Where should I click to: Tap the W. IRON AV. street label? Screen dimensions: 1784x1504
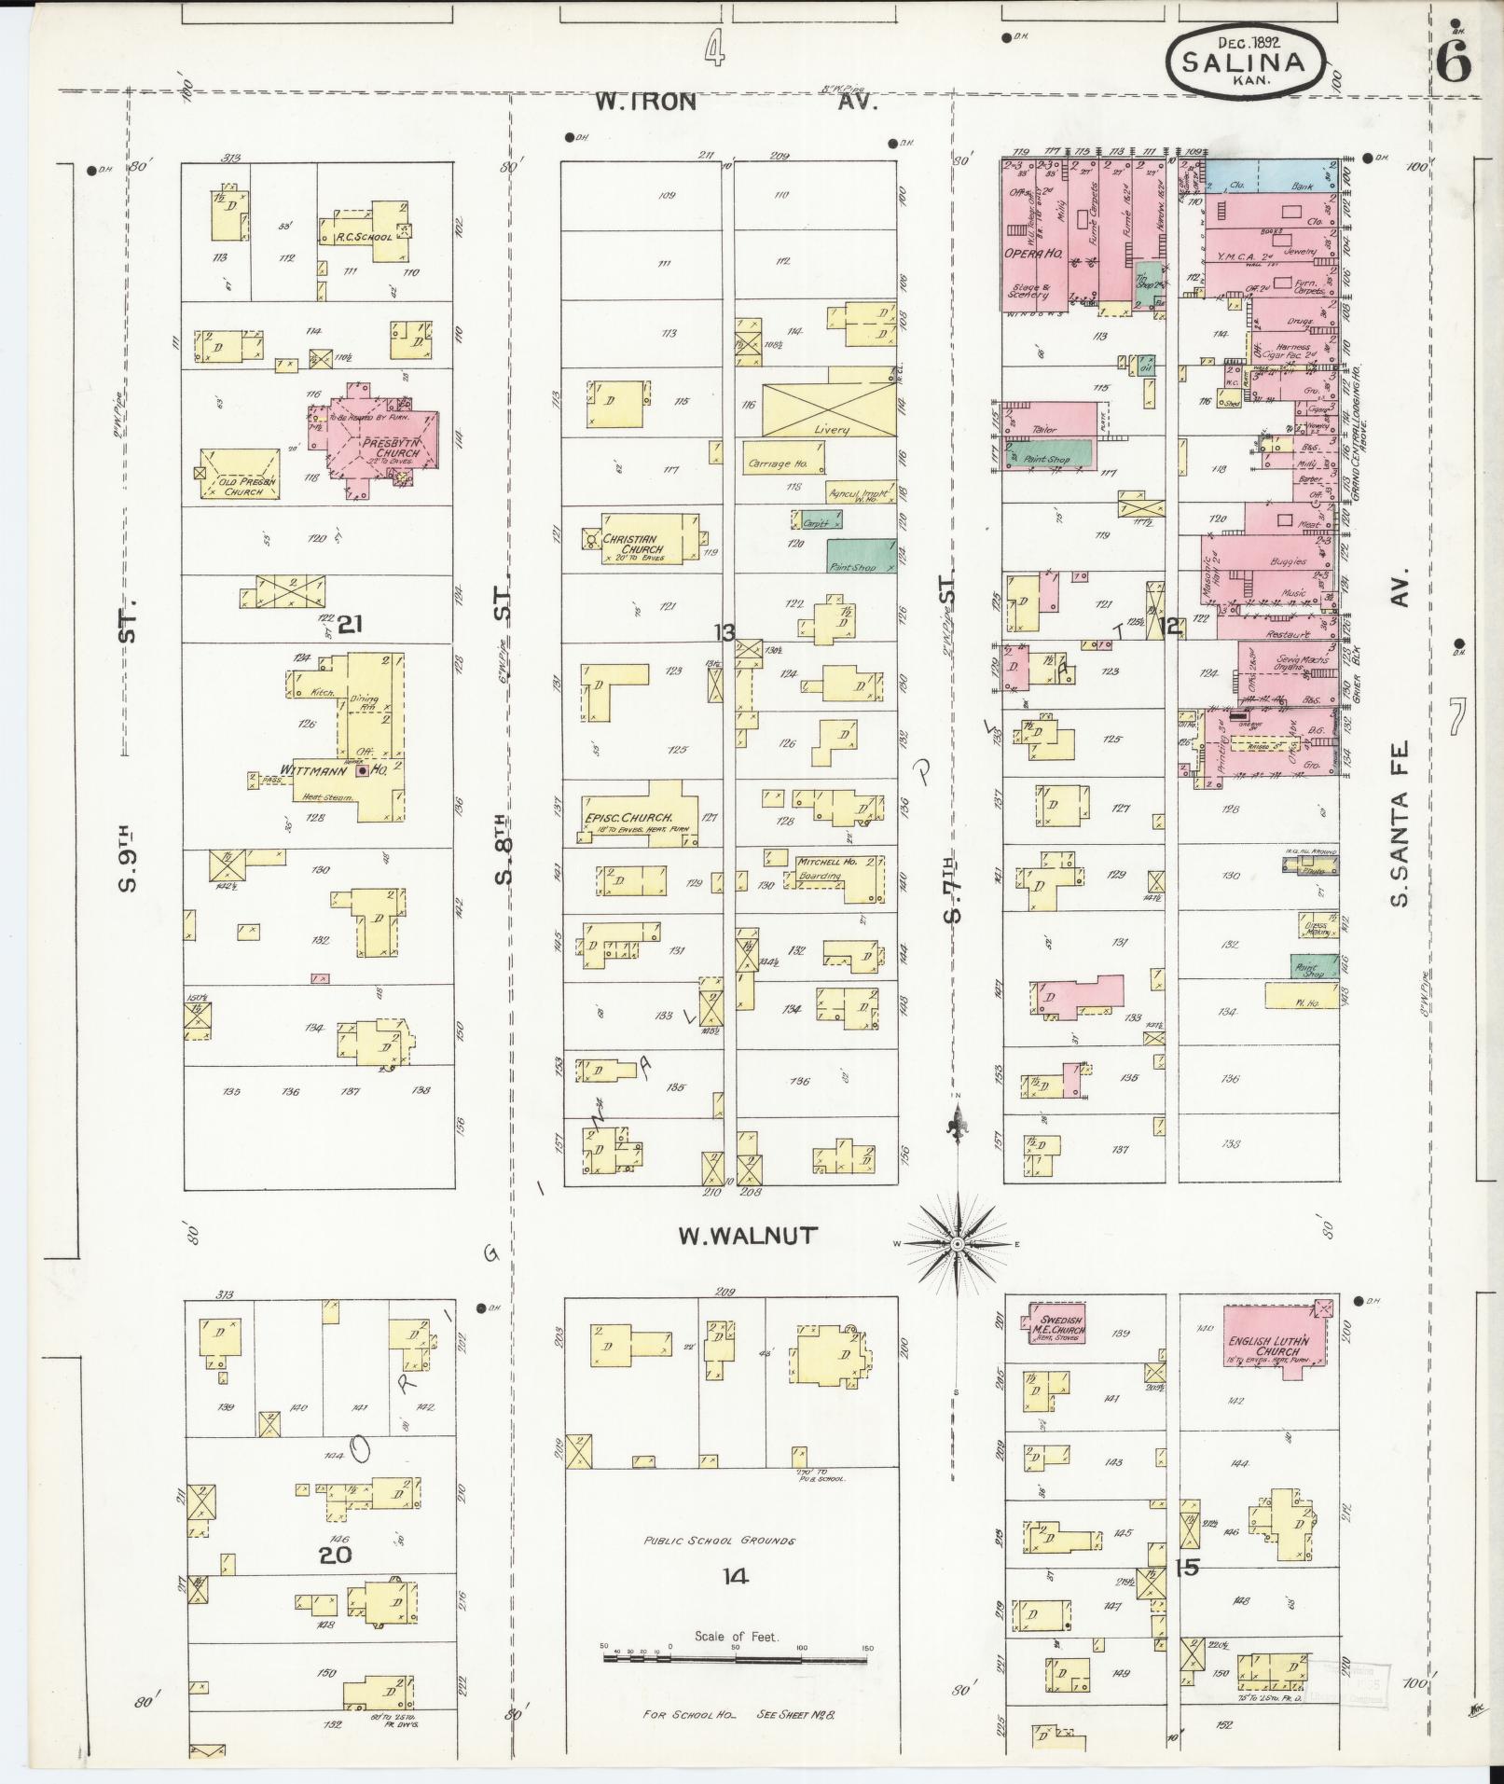pyautogui.click(x=737, y=102)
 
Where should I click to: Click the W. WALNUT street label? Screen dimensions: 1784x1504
pyautogui.click(x=748, y=1236)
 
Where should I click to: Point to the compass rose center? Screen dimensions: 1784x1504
pyautogui.click(x=958, y=1245)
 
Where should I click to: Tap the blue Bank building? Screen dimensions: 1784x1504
pyautogui.click(x=1273, y=176)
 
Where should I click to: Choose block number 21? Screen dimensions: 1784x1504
pyautogui.click(x=350, y=625)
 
